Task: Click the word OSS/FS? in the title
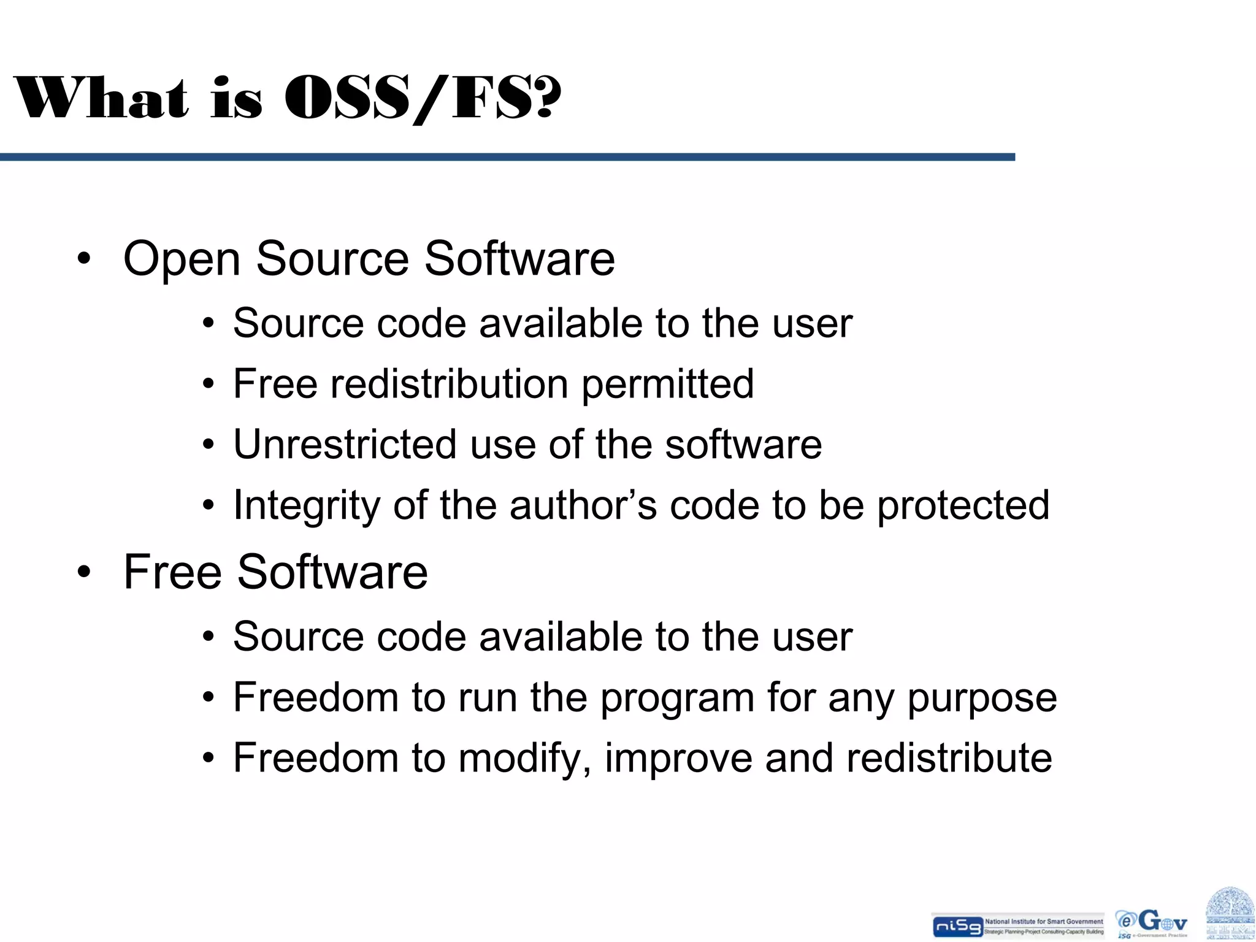click(x=423, y=98)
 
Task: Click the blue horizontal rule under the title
click(x=507, y=158)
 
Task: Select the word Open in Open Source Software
click(x=182, y=259)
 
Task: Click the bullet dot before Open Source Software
click(x=84, y=258)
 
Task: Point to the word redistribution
click(x=450, y=384)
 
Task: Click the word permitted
click(x=667, y=385)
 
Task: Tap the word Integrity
click(x=307, y=507)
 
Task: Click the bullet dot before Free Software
click(x=84, y=572)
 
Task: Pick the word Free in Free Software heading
click(x=172, y=572)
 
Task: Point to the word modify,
click(x=525, y=759)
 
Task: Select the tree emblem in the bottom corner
click(x=1230, y=913)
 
